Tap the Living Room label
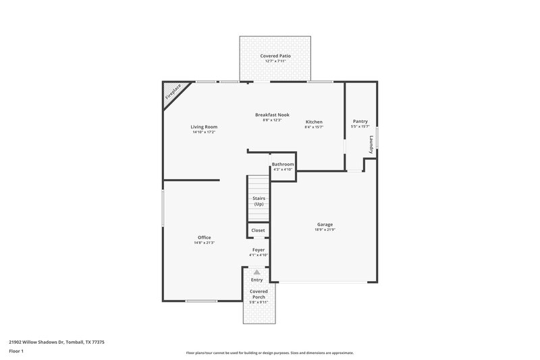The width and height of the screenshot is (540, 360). [203, 126]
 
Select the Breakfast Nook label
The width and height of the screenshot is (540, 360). [272, 115]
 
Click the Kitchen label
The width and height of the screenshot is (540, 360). [314, 122]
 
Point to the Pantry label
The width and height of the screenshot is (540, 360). [360, 122]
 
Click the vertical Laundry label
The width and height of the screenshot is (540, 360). [371, 145]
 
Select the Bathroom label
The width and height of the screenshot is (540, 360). [283, 164]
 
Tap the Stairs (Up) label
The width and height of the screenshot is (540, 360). [258, 201]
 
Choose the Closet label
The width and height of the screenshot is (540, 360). [258, 230]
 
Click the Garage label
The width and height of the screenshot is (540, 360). [325, 224]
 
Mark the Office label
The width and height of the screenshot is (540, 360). [204, 237]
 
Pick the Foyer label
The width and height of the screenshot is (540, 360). [259, 250]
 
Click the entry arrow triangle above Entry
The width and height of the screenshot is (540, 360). [256, 272]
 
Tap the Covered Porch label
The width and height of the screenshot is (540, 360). [259, 294]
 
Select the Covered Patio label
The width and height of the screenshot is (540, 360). [275, 55]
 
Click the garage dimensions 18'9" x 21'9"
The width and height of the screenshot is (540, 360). [325, 230]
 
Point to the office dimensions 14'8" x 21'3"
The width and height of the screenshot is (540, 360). [204, 242]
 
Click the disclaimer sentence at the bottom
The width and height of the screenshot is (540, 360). [270, 353]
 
